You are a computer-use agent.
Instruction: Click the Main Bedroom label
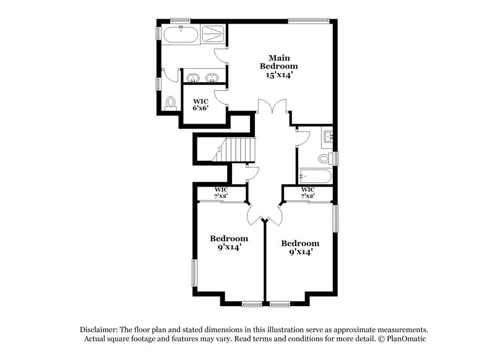278,62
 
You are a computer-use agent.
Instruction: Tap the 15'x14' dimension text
276,74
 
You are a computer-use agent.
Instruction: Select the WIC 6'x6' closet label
200,105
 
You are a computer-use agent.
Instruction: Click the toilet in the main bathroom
171,103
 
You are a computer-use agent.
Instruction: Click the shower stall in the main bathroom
214,33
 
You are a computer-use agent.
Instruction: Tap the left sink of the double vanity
192,78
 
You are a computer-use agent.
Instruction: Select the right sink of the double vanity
212,78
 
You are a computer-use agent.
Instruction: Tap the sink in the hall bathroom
327,136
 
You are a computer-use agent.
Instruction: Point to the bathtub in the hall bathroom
315,176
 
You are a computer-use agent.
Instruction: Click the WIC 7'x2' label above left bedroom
222,192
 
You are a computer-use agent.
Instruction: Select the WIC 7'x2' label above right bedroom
308,192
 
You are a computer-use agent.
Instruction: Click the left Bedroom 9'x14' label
229,242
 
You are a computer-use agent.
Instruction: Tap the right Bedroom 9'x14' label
300,247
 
